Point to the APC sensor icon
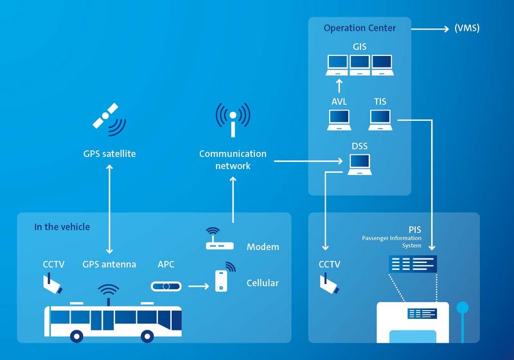pos(167,285)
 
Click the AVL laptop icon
pos(339,120)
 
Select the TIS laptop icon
pos(380,120)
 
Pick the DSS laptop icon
pos(360,166)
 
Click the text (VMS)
pos(466,28)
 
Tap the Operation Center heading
pos(359,28)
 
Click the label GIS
pos(360,47)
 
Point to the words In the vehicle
pos(62,227)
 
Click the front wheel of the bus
pos(148,336)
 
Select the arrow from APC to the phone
pos(200,285)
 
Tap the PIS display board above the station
pos(412,264)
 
